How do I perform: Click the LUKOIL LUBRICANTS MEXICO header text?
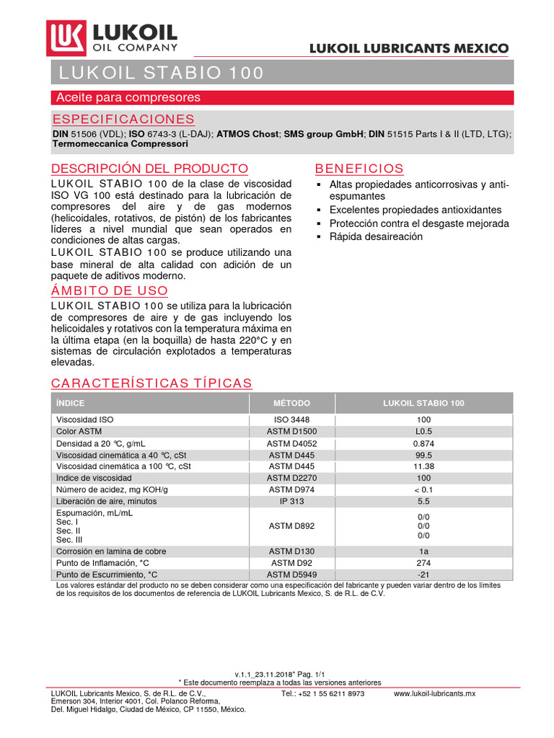coord(408,48)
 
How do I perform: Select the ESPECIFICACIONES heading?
coord(123,119)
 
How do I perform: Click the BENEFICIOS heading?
coord(359,169)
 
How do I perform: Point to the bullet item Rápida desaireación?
coord(376,236)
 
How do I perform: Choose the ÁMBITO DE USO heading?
coord(110,291)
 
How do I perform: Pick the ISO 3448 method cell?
coord(291,419)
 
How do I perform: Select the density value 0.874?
coord(423,443)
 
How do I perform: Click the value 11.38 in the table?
coord(423,466)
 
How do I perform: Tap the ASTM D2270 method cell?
coord(291,478)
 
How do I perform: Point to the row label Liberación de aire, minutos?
coord(106,501)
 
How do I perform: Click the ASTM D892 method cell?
coord(291,526)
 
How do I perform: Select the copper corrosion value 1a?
coord(423,551)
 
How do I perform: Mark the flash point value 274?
coord(423,563)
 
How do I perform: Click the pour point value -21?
coord(423,574)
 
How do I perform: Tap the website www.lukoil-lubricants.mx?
coord(434,693)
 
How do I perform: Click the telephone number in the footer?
coord(322,693)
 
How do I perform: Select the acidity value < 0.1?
coord(423,489)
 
